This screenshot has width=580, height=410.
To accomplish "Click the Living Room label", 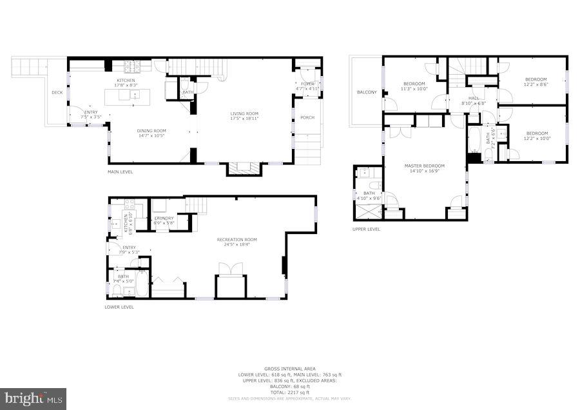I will tap(244, 114).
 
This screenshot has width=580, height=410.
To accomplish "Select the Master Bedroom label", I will tap(425, 166).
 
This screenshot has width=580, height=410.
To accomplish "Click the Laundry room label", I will tap(164, 218).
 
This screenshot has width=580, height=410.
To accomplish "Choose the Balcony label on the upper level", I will tap(367, 92).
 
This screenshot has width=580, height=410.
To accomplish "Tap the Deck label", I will tap(57, 93).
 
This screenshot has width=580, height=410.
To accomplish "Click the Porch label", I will tap(307, 117).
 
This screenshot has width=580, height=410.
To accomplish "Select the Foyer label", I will tap(307, 84).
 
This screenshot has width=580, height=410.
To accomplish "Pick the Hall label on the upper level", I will tap(473, 98).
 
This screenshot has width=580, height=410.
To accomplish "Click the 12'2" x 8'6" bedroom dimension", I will tap(535, 84).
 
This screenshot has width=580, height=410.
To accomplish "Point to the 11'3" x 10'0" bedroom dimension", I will tap(414, 89).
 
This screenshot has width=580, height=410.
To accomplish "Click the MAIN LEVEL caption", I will tap(121, 172).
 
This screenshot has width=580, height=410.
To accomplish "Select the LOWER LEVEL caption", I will tap(119, 307).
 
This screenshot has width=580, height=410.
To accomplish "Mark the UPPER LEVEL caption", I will tap(366, 229).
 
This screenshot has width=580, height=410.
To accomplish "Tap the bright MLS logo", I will tap(34, 398).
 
